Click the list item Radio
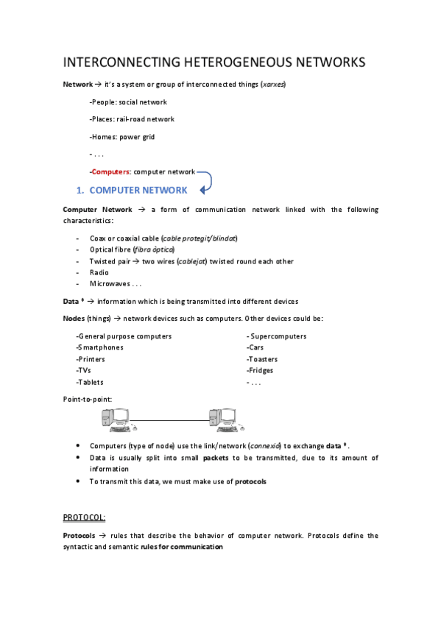99,272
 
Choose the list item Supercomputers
278,336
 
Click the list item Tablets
90,382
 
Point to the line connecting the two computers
169,420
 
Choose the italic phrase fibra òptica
153,249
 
